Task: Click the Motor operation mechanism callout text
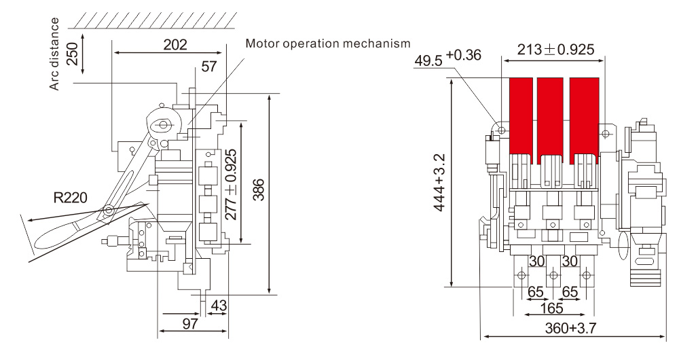[328, 43]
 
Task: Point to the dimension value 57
[208, 67]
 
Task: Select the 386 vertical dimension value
[259, 194]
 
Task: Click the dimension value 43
[219, 306]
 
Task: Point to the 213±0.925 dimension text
[555, 49]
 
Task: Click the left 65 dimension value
[536, 292]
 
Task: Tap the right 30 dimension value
[571, 261]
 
